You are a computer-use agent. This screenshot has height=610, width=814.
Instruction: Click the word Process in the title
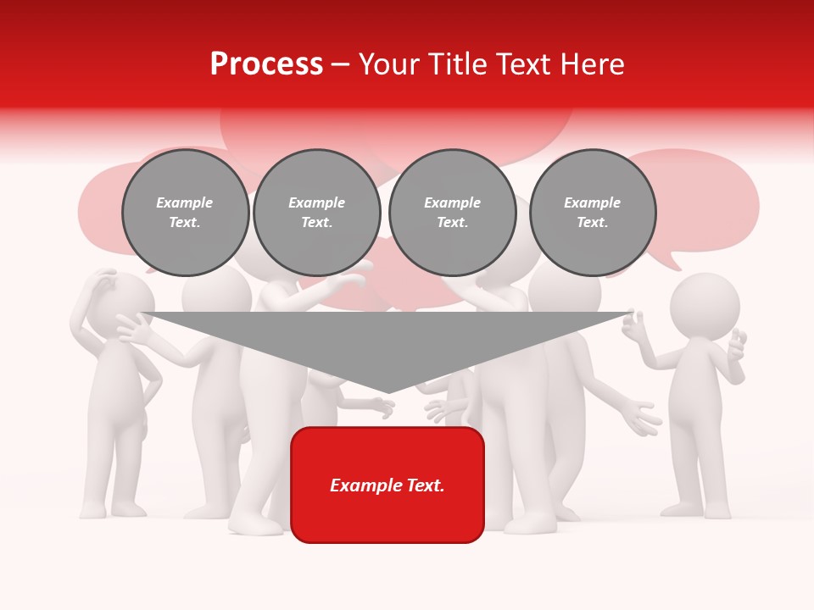point(266,64)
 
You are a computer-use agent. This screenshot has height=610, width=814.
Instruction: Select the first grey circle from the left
point(185,213)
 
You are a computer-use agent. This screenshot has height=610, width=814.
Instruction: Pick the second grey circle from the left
point(316,213)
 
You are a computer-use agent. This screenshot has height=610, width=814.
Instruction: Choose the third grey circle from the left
point(452,213)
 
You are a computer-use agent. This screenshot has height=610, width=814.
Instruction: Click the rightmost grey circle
point(592,213)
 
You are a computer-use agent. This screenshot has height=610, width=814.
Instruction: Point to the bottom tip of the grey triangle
point(387,392)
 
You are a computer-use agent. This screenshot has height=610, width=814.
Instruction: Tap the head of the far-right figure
point(705,303)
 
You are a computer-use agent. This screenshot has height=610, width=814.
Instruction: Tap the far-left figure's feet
point(111,509)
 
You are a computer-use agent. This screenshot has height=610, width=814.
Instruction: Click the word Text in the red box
point(423,485)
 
